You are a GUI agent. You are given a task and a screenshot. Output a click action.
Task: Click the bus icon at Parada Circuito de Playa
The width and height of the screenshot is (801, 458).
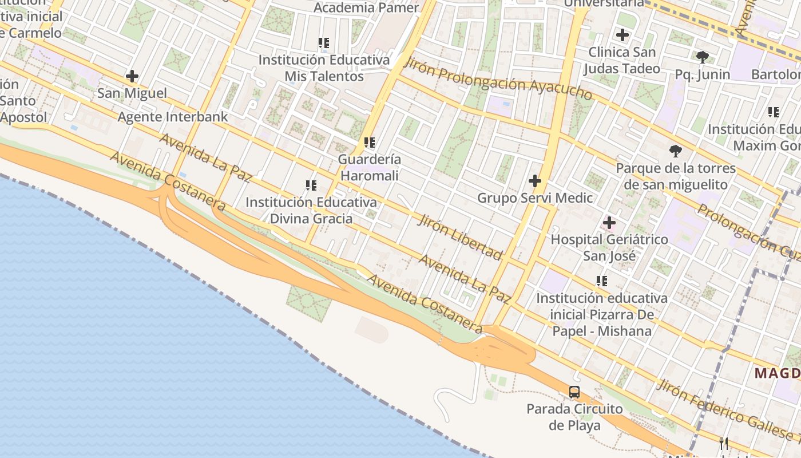pos(574,392)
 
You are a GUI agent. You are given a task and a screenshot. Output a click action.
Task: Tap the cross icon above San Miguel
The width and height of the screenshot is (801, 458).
pos(132,76)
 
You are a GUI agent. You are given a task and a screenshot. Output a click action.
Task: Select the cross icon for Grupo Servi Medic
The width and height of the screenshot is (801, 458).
pos(535,181)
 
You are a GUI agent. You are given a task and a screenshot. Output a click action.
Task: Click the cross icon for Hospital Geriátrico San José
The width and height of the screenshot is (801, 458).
pos(609,222)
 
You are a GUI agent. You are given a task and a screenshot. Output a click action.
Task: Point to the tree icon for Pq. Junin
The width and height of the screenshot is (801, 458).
pos(703,57)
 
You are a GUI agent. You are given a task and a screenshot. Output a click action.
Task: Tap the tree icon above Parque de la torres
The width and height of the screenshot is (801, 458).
pos(676,151)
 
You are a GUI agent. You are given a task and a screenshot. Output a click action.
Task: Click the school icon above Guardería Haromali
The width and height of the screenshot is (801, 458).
pos(370,142)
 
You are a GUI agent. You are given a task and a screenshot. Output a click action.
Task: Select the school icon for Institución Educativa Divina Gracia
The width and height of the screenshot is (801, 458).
pos(311,185)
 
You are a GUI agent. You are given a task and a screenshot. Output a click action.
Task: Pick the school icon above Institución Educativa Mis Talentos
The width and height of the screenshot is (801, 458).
pos(324,42)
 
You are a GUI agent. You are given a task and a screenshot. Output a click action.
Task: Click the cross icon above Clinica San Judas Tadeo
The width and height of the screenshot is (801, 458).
pos(622,35)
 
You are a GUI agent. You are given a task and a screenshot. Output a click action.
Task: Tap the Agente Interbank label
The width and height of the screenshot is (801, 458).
pos(173,117)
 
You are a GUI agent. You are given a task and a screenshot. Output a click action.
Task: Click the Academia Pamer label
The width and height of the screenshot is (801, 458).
pos(367,7)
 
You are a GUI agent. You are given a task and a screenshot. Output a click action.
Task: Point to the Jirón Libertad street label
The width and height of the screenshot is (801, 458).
pos(461,237)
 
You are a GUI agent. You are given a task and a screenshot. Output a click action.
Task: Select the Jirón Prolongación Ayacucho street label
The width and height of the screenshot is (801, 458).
pos(498,80)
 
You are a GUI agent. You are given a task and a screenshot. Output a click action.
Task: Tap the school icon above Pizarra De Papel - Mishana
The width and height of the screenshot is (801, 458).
pos(602,281)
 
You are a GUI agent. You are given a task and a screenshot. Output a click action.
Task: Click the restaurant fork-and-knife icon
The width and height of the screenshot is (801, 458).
pos(724,443)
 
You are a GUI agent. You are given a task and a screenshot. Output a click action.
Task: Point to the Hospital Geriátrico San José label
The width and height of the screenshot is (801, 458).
pos(609,247)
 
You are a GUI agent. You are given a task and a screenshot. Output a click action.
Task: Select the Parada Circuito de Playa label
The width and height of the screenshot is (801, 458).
pos(574,417)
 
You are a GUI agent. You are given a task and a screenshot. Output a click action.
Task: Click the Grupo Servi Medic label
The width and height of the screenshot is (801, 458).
pos(535,198)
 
